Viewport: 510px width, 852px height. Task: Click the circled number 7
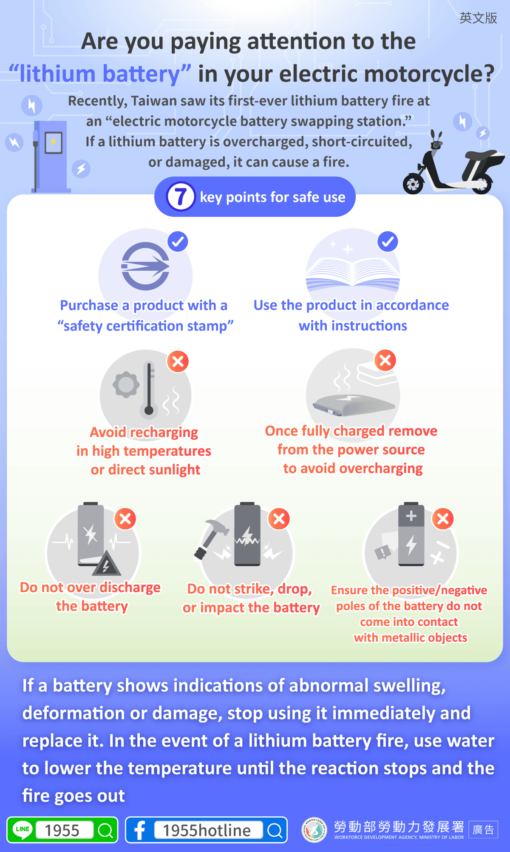point(181,196)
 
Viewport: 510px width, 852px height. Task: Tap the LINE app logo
point(23,829)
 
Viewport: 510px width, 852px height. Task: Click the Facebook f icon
point(139,830)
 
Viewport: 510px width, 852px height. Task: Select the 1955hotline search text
point(207,830)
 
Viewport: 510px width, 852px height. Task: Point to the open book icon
point(353,273)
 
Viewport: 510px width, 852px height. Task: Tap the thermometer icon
point(149,388)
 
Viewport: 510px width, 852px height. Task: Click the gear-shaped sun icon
point(126,385)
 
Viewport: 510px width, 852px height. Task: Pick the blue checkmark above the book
point(388,242)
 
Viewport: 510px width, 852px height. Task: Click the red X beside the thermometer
point(178,361)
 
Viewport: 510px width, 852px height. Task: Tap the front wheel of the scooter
point(414,184)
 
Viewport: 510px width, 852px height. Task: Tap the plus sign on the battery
point(411,516)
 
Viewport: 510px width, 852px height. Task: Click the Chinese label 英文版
point(478,18)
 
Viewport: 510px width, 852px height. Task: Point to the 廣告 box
point(483,829)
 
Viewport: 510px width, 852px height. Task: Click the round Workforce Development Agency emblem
point(314,829)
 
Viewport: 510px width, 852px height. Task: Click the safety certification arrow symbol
point(145,266)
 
